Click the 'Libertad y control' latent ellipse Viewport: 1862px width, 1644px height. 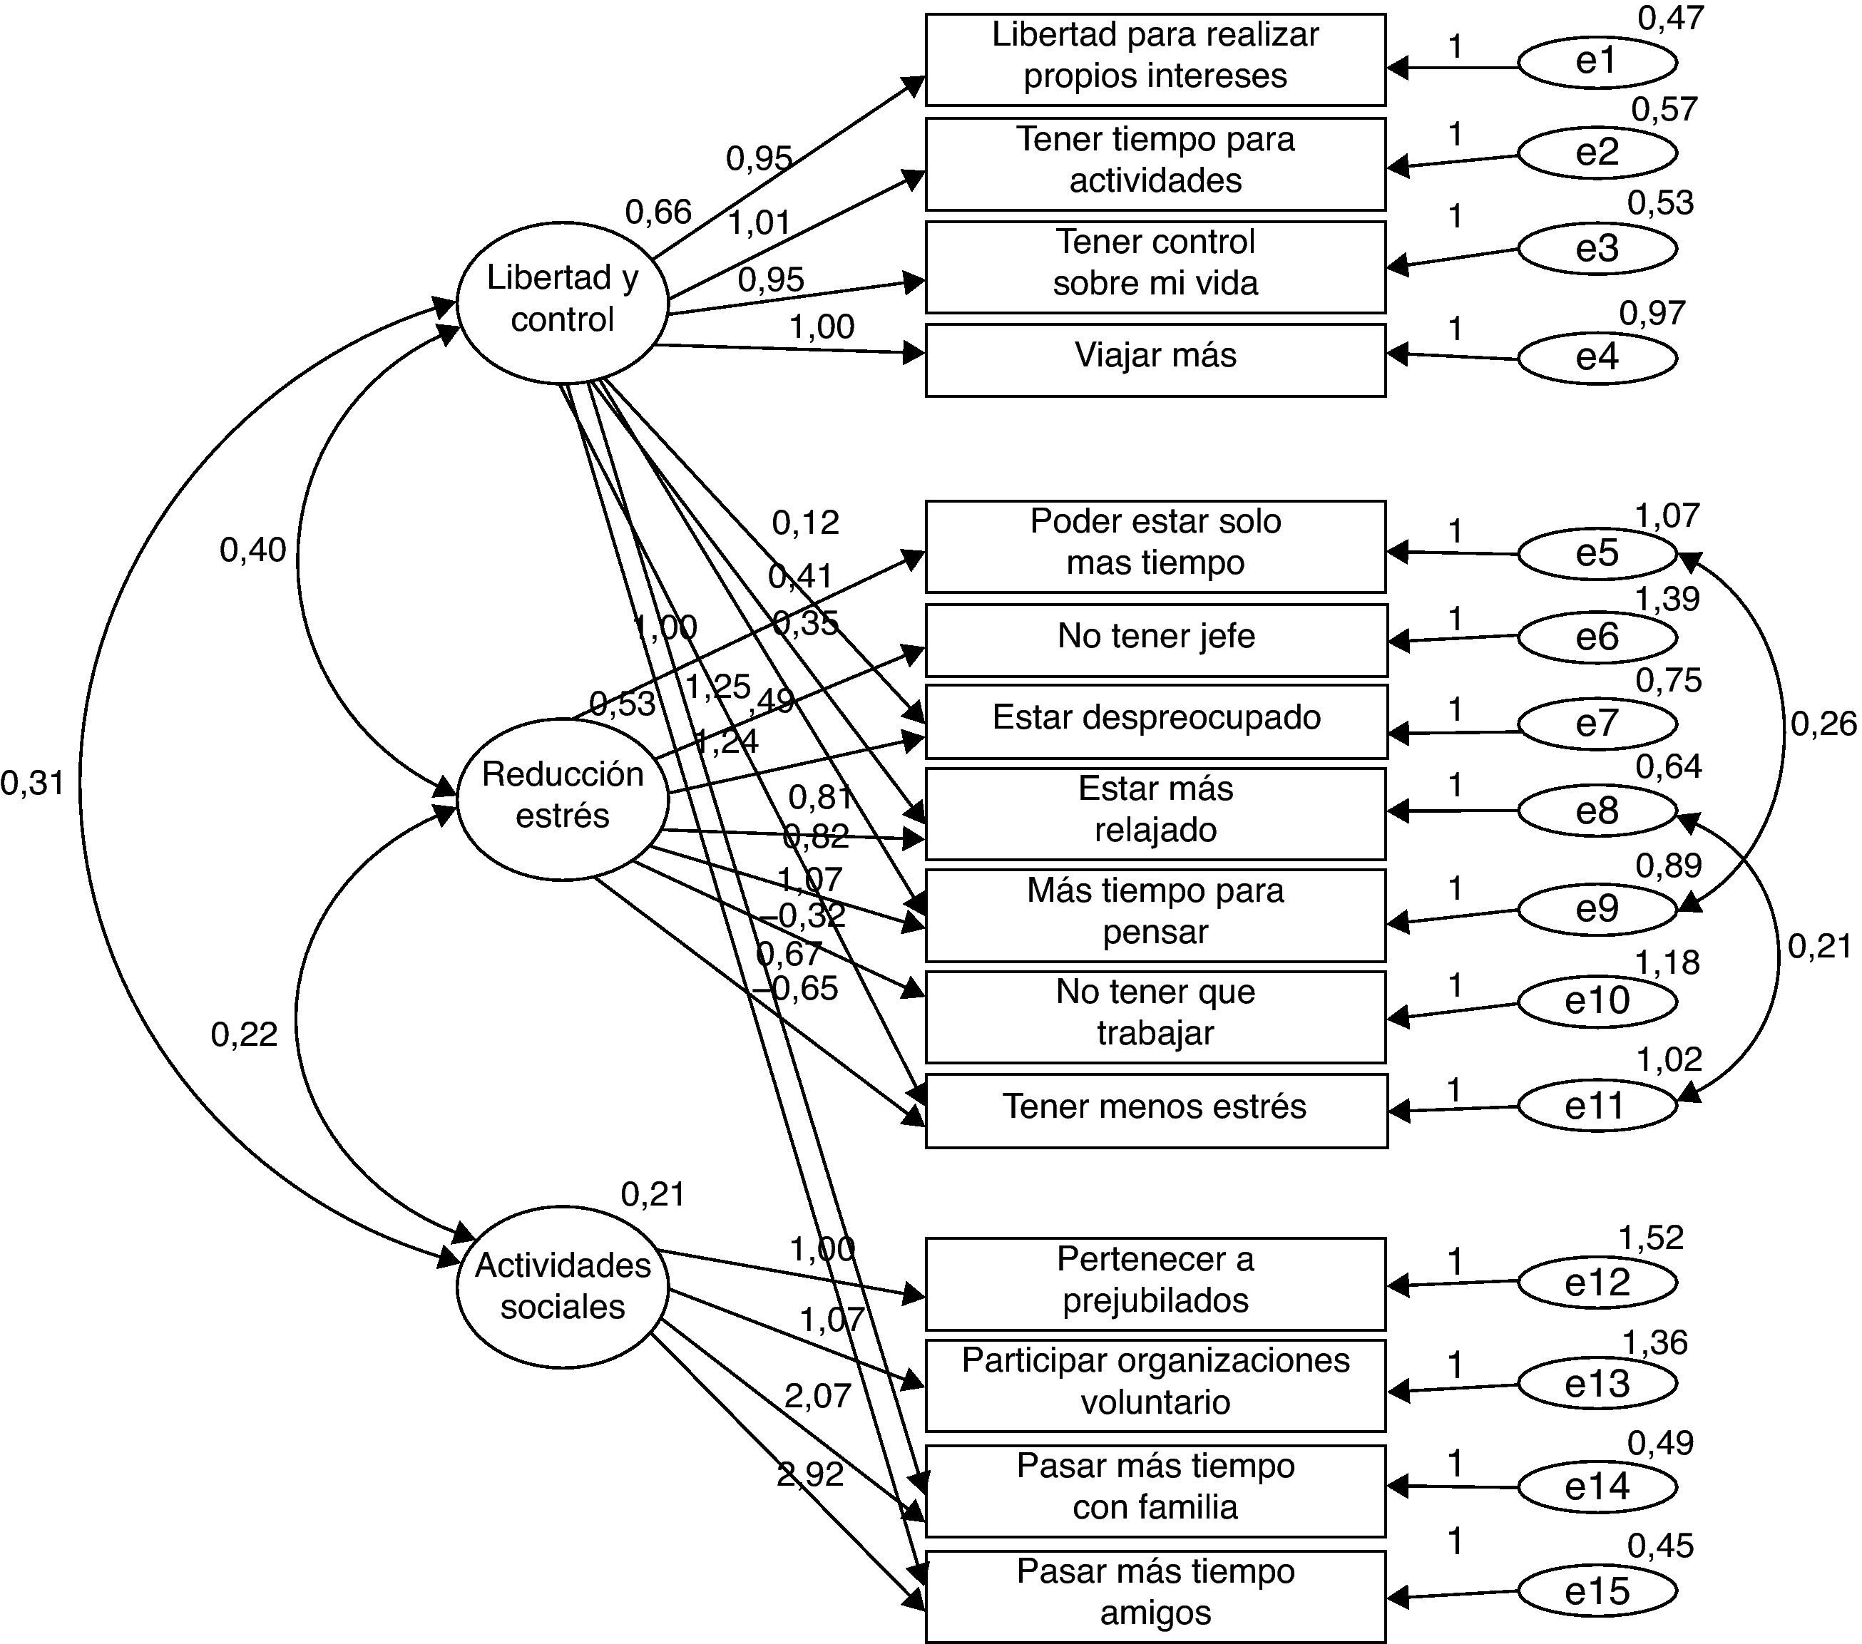click(x=562, y=301)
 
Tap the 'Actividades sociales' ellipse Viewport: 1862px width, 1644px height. click(x=562, y=1286)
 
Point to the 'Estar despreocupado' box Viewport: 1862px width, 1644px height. click(x=1155, y=719)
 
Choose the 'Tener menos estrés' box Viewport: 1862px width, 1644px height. click(x=1155, y=1109)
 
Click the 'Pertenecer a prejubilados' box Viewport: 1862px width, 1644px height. click(x=1155, y=1283)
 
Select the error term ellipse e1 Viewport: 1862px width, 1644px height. click(x=1596, y=62)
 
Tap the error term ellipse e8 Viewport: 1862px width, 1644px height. click(x=1596, y=811)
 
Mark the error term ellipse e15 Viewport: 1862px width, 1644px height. click(x=1596, y=1591)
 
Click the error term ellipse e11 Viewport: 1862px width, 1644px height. click(x=1596, y=1106)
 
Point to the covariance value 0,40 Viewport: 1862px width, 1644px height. click(x=252, y=550)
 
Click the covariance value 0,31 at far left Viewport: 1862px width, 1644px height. click(x=33, y=782)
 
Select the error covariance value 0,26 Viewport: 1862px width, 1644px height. click(x=1823, y=724)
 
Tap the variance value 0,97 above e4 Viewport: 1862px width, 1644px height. click(x=1652, y=313)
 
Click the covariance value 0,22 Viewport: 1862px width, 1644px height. click(x=244, y=1034)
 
